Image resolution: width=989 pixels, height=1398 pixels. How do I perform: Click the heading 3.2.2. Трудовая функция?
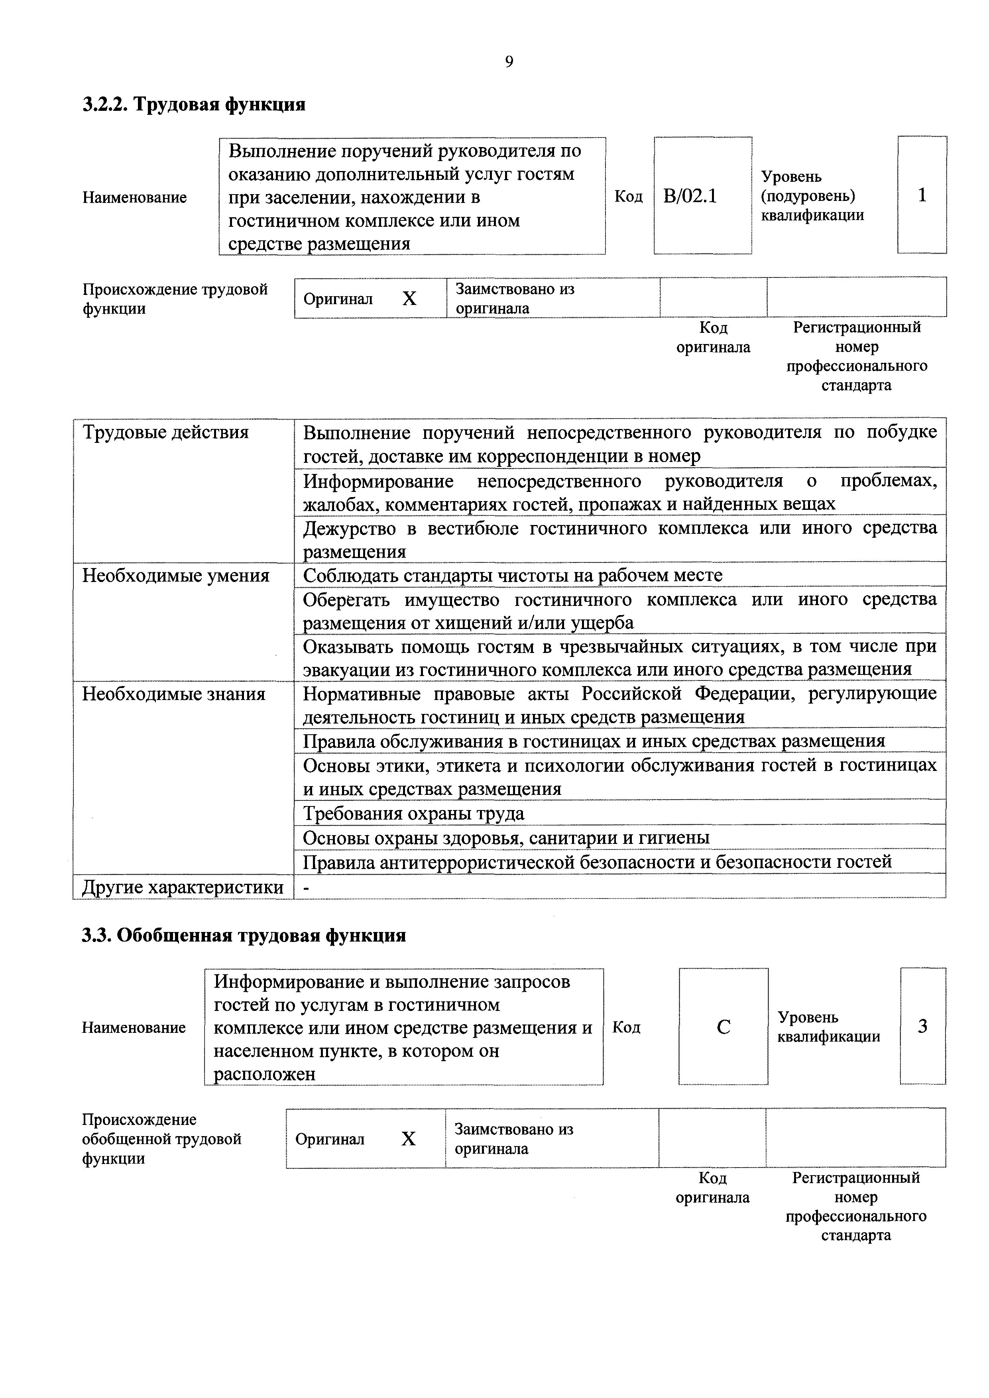194,105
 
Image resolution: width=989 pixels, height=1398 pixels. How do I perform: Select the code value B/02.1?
690,196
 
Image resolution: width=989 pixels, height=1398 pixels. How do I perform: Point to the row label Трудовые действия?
166,432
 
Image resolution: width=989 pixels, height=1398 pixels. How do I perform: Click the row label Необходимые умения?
175,575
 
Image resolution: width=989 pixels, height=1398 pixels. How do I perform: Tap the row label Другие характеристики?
183,887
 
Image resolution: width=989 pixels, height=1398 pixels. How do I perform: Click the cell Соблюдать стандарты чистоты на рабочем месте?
513,575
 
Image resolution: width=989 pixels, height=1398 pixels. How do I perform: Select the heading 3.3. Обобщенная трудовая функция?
244,935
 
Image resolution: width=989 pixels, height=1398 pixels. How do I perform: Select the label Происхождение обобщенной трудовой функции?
161,1138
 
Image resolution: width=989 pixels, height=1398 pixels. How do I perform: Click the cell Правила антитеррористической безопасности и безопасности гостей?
597,861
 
